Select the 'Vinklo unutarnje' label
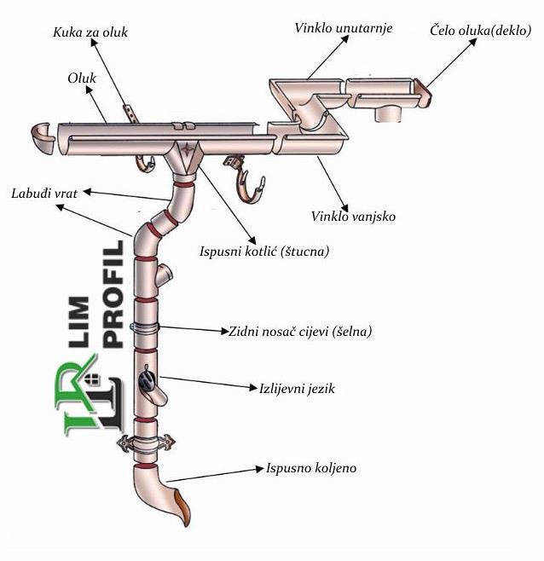pos(342,29)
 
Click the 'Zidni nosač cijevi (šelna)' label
pos(300,331)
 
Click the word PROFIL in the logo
pos(113,293)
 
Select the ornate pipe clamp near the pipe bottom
pos(148,443)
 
